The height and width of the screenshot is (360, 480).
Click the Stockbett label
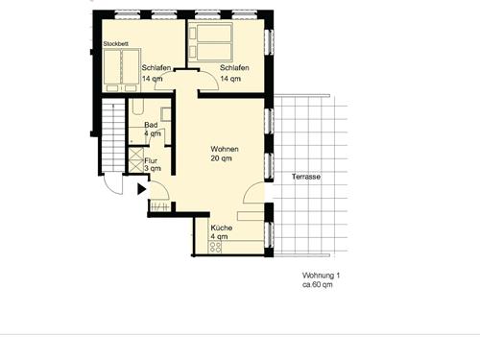pyautogui.click(x=116, y=44)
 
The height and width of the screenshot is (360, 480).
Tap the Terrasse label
pyautogui.click(x=306, y=177)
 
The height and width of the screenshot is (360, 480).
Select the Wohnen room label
pyautogui.click(x=225, y=149)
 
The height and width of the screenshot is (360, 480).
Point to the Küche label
pyautogui.click(x=222, y=228)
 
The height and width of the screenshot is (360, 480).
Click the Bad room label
pyautogui.click(x=151, y=125)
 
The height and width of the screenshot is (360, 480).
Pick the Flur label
pyautogui.click(x=151, y=160)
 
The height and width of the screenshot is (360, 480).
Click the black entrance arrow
pyautogui.click(x=142, y=189)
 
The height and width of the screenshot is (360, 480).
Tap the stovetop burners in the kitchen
pyautogui.click(x=215, y=247)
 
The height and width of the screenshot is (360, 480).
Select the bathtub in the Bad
pyautogui.click(x=138, y=107)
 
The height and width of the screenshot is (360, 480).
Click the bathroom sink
pyautogui.click(x=166, y=114)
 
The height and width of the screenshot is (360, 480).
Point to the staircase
pyautogui.click(x=113, y=135)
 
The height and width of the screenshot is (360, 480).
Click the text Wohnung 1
pyautogui.click(x=321, y=276)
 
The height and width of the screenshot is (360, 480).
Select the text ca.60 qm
pyautogui.click(x=318, y=284)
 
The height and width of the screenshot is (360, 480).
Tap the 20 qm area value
pyautogui.click(x=221, y=158)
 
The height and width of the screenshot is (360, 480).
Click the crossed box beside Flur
pyautogui.click(x=136, y=159)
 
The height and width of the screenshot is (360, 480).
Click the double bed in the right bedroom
pyautogui.click(x=211, y=42)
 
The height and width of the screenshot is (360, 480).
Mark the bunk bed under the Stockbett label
pyautogui.click(x=122, y=70)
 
